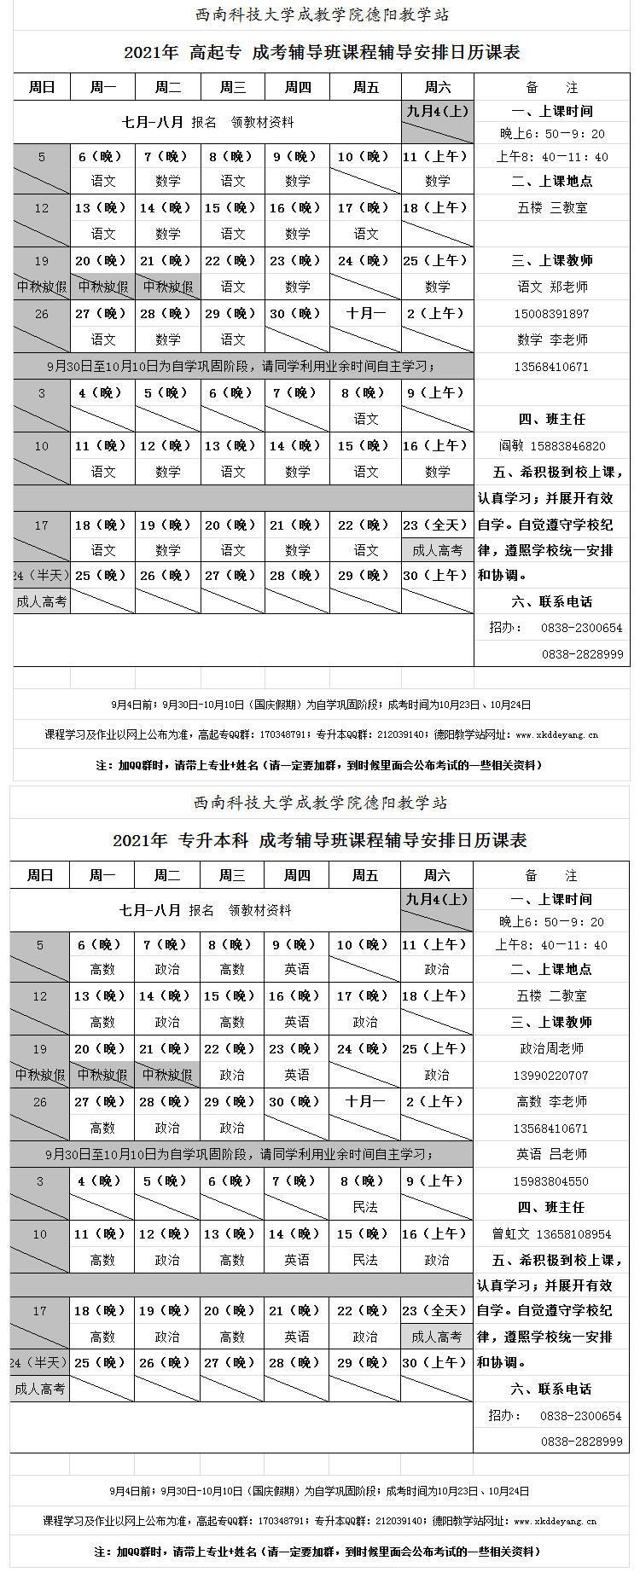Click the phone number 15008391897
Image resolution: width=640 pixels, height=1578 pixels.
click(x=551, y=314)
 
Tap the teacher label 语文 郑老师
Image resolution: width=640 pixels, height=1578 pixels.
click(x=551, y=287)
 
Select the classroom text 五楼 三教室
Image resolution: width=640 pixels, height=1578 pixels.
click(x=551, y=207)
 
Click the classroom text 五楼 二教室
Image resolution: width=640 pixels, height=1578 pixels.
click(x=550, y=995)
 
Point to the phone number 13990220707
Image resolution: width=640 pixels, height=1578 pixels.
click(x=550, y=1076)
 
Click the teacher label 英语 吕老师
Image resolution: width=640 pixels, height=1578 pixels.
click(x=550, y=1154)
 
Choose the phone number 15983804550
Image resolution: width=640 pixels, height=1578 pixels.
click(x=550, y=1181)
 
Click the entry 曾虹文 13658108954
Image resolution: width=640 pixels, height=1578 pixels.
click(x=550, y=1234)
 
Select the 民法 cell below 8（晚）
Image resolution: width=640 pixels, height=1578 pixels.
click(x=365, y=1207)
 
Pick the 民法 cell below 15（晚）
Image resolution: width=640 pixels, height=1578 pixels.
click(x=365, y=1260)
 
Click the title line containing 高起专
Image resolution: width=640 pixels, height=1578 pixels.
click(x=322, y=53)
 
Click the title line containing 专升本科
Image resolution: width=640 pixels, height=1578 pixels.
click(x=320, y=841)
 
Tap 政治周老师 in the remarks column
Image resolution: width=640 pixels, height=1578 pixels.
click(x=550, y=1048)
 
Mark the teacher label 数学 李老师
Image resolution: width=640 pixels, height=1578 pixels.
click(x=551, y=339)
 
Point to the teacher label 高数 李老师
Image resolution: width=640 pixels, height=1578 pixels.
click(x=550, y=1101)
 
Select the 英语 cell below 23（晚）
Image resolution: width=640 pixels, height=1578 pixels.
click(x=297, y=1075)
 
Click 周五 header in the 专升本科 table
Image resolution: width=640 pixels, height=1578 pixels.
click(x=365, y=875)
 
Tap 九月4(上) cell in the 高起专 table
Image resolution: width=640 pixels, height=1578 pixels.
click(x=438, y=111)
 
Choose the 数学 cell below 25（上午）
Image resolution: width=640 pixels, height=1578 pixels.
click(x=438, y=287)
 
